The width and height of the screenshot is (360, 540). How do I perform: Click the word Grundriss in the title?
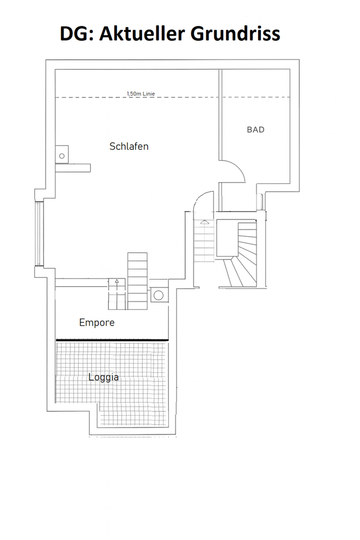click(x=236, y=34)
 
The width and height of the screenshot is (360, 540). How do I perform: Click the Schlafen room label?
click(x=129, y=146)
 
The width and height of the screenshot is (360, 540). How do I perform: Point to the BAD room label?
click(x=255, y=130)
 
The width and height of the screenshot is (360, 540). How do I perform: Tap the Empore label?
click(x=97, y=323)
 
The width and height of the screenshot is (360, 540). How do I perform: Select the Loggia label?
click(x=103, y=377)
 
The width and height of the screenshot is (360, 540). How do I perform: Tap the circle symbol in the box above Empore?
click(x=159, y=295)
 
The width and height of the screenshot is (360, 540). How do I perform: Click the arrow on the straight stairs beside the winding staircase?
click(x=204, y=223)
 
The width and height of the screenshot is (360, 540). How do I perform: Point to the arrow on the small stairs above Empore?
click(x=116, y=281)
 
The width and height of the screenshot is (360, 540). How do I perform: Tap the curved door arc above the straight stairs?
click(x=200, y=202)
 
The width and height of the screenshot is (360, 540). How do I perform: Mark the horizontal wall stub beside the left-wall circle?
click(x=78, y=167)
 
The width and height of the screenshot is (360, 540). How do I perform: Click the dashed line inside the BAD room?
click(x=256, y=97)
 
